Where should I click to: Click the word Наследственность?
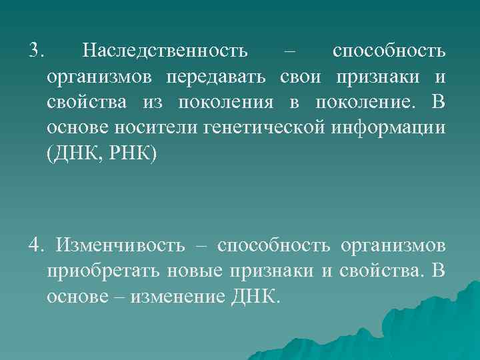click(x=165, y=51)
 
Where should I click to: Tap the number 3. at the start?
click(x=37, y=51)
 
